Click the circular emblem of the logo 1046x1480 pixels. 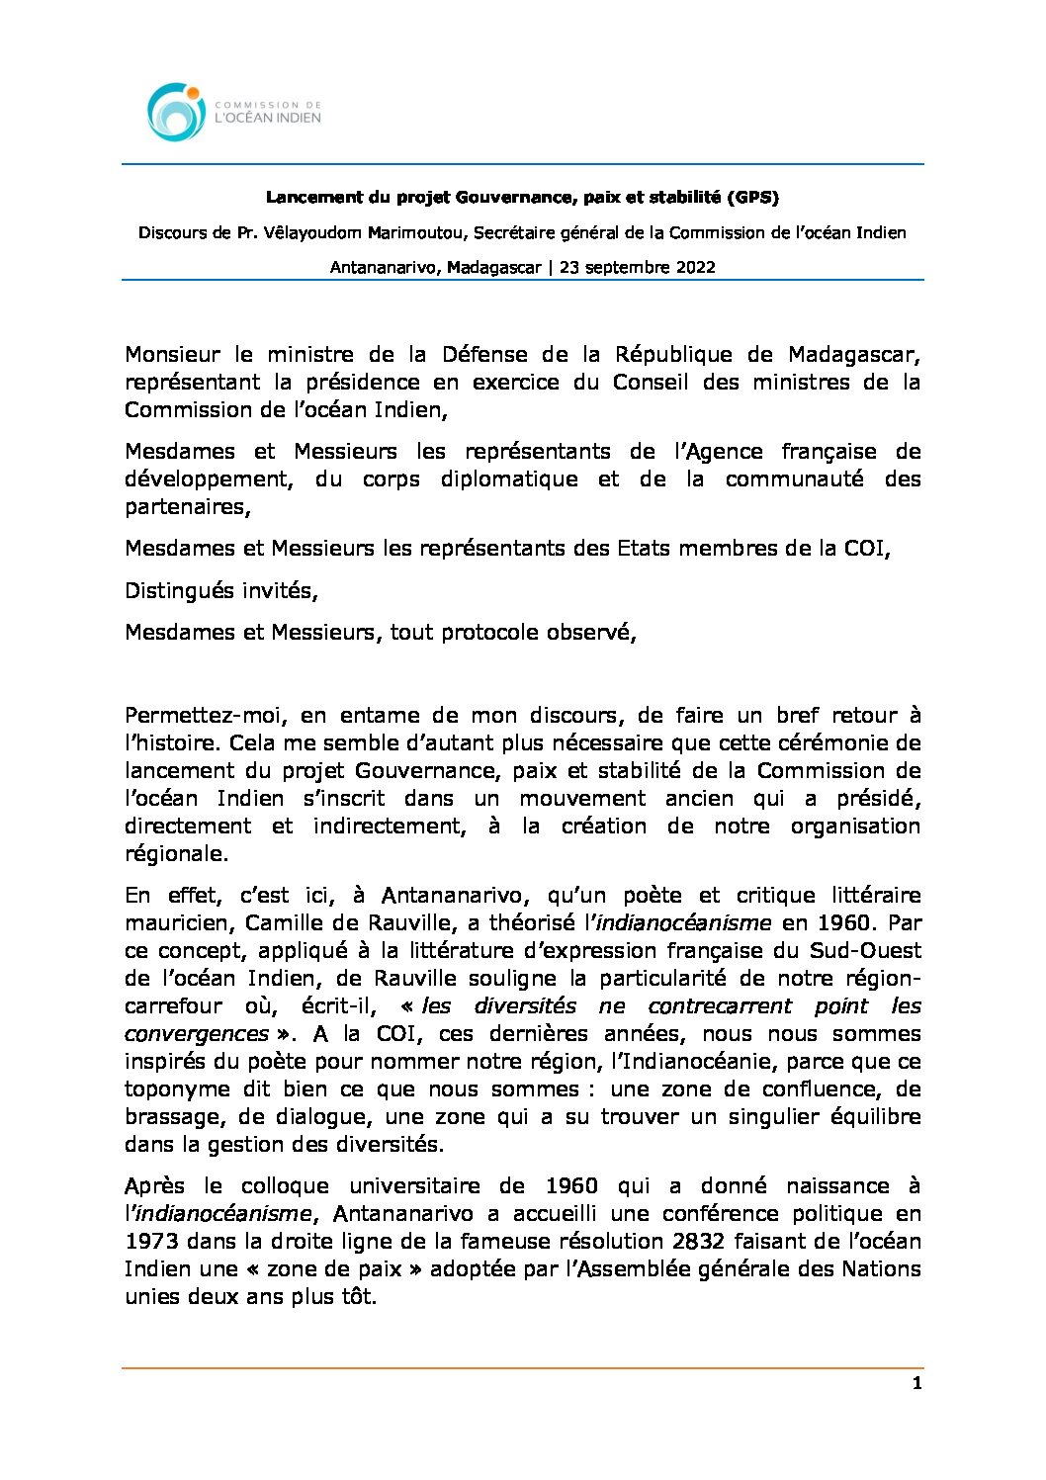click(176, 111)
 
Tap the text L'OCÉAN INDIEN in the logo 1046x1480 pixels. click(268, 118)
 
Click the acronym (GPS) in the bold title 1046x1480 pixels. click(753, 198)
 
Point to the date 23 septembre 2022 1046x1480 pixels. click(638, 267)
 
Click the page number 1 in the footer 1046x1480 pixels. click(916, 1383)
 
